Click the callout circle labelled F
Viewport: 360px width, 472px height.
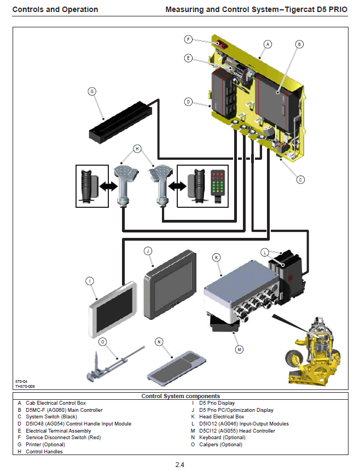[x=188, y=39]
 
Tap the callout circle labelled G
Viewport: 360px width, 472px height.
[x=92, y=91]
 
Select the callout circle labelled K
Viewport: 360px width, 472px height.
[x=217, y=257]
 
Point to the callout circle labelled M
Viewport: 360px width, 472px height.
[x=239, y=348]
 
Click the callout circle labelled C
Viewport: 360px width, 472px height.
[x=300, y=179]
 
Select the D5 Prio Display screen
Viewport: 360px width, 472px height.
[x=113, y=310]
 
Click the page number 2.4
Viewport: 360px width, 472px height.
[x=180, y=465]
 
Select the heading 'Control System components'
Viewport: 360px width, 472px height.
[x=181, y=396]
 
